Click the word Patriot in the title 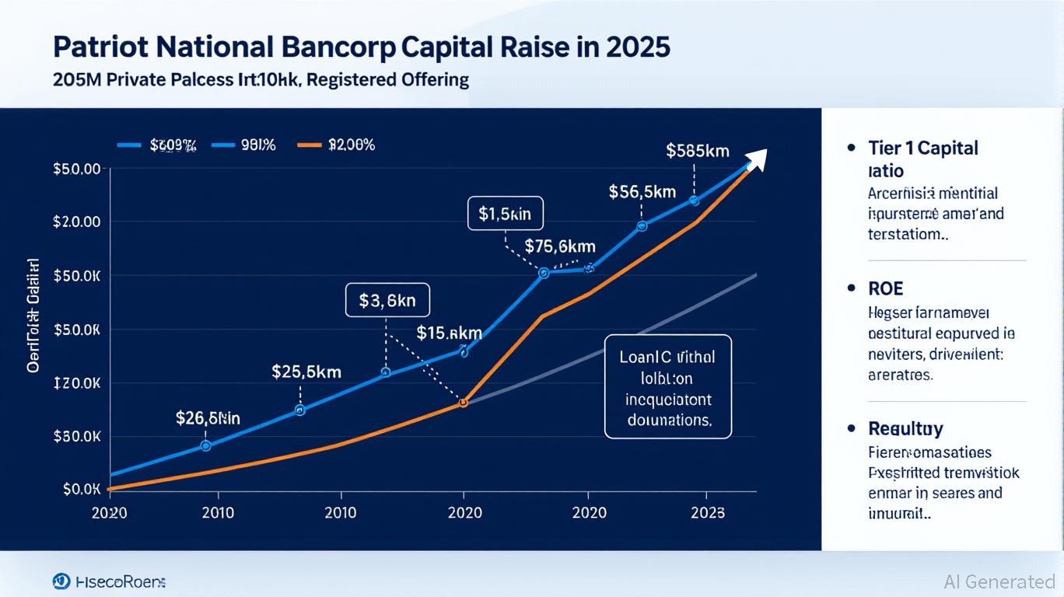(x=99, y=47)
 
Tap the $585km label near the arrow (x=698, y=151)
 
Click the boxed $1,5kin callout (x=505, y=214)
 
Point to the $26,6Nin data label (x=208, y=418)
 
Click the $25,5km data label (x=306, y=372)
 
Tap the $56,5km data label (x=642, y=191)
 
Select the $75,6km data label (x=560, y=246)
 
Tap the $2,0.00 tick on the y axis (x=77, y=222)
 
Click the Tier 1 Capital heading (x=922, y=148)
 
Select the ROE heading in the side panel (x=886, y=288)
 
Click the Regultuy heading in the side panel (x=905, y=428)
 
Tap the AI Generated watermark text (x=999, y=581)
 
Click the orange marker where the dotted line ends (x=463, y=403)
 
